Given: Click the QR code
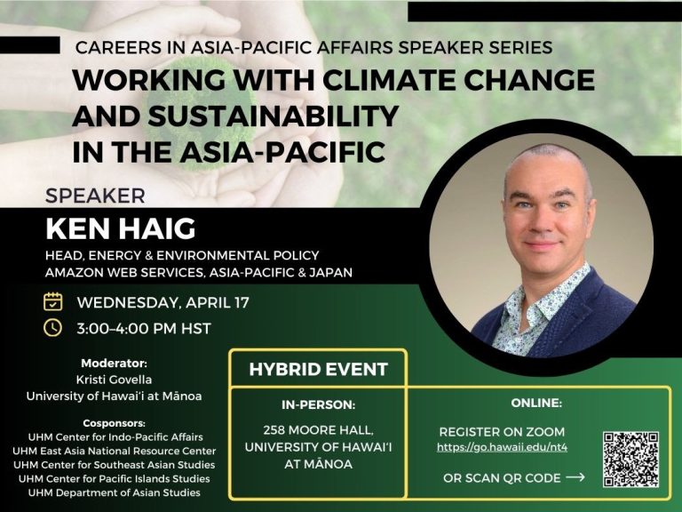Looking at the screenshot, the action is [630, 460].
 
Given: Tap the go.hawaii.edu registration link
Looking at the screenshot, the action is [502, 447].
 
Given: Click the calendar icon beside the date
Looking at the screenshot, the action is [52, 301].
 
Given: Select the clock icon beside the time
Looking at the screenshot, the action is [52, 328].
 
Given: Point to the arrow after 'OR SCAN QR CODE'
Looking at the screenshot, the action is [575, 477].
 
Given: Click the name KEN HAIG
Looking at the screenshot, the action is [121, 229].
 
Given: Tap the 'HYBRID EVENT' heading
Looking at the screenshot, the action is [319, 369].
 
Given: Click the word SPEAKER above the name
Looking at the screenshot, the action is [95, 196].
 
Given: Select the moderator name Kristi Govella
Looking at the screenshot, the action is [114, 380].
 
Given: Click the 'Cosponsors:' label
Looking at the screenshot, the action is [114, 423].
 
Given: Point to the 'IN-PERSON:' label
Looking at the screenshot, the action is [319, 405].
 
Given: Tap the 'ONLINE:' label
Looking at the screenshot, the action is [536, 404].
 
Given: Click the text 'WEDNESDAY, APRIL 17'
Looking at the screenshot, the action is [163, 302].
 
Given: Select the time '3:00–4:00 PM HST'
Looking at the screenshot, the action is [144, 328].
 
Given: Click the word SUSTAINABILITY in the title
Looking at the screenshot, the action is [274, 116].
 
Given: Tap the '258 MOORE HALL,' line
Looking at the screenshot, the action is [319, 430].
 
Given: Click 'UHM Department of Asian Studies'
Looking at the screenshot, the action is [114, 492].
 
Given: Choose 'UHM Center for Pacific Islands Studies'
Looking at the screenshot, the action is [114, 479].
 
